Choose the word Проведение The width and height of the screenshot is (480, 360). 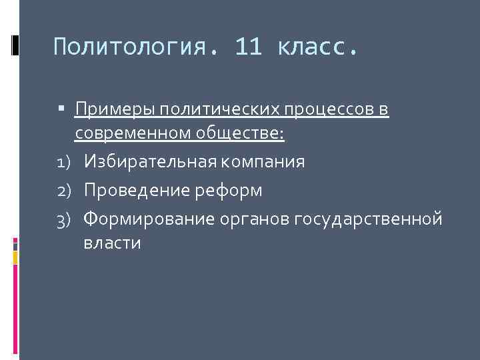(136, 190)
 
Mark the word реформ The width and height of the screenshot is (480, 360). (228, 190)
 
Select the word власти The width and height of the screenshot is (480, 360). (112, 243)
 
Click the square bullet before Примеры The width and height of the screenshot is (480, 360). (61, 107)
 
